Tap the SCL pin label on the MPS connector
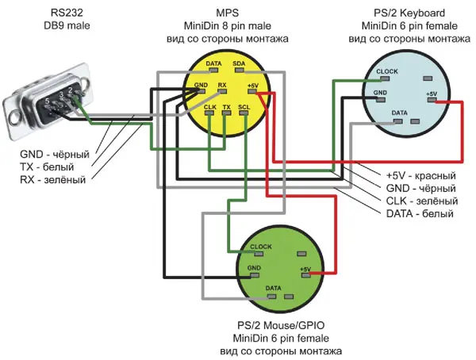click(x=244, y=106)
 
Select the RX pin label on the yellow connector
click(x=223, y=84)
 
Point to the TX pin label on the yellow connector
click(x=227, y=106)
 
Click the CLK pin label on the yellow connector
click(x=210, y=106)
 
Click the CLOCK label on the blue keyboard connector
click(x=387, y=71)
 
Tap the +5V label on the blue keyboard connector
click(x=432, y=94)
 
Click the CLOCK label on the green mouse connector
click(x=262, y=247)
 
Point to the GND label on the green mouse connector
click(x=254, y=268)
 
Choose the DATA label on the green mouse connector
click(x=274, y=286)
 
